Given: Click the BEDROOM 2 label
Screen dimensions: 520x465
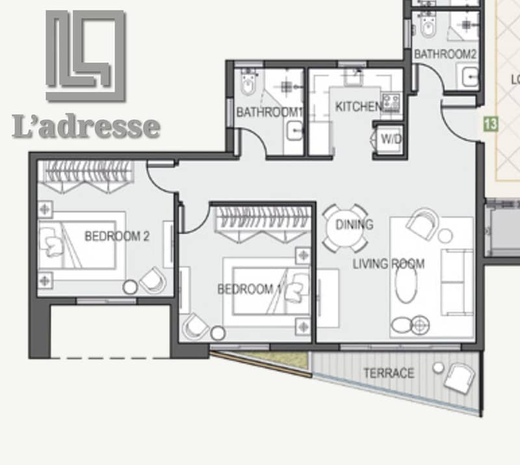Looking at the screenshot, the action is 117,236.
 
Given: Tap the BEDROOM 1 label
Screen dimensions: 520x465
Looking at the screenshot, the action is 250,289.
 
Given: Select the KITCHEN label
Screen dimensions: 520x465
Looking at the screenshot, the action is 358,107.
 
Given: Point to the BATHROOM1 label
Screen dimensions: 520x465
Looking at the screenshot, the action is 269,112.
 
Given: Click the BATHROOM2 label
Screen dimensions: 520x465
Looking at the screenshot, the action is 445,54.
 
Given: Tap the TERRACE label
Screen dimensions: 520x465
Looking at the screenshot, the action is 389,373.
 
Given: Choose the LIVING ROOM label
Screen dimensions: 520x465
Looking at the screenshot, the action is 388,264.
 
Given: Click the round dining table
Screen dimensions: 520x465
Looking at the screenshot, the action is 345,228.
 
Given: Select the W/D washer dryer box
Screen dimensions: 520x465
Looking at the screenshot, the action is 389,139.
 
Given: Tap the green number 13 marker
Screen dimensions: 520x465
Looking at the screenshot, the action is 491,124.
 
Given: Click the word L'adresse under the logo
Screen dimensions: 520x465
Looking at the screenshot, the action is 86,126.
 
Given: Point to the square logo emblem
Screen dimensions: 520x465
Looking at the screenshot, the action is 85,56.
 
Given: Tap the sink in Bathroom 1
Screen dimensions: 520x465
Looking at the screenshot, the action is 294,131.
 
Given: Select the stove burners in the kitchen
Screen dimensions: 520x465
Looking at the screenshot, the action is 391,101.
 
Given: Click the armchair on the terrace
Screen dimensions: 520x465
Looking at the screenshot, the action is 460,378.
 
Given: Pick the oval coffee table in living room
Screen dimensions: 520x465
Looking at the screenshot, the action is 406,283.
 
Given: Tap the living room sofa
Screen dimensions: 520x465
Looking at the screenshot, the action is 457,282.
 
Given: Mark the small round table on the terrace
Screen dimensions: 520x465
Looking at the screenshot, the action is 438,367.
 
